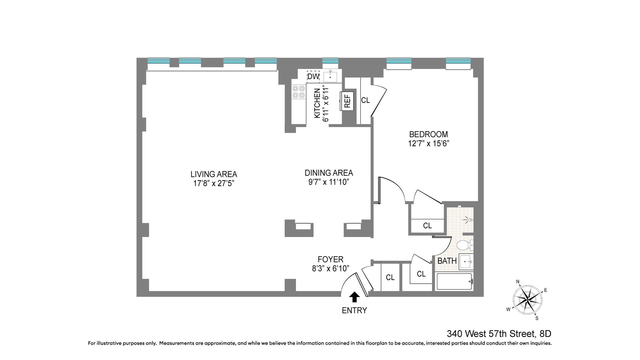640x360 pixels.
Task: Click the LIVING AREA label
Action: [214, 174]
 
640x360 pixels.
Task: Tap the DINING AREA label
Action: [329, 173]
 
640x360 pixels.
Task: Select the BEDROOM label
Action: [428, 134]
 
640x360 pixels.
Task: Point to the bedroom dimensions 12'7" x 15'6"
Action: [429, 144]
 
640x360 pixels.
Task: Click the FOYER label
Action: [330, 259]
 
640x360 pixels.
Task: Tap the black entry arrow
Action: [355, 297]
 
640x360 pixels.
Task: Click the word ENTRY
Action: [354, 311]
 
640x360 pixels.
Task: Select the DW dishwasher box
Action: [313, 76]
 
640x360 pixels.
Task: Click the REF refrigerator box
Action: [347, 101]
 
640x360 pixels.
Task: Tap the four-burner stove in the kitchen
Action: [298, 92]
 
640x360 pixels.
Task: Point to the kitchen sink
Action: [330, 77]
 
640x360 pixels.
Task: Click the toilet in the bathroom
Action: [465, 246]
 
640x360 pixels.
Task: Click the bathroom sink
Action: [466, 262]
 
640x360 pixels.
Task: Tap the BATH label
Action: [447, 261]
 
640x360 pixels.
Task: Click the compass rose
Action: [526, 298]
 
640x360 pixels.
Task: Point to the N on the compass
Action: [518, 282]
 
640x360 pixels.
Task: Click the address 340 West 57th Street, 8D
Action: [499, 334]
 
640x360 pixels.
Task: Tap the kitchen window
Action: [330, 61]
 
